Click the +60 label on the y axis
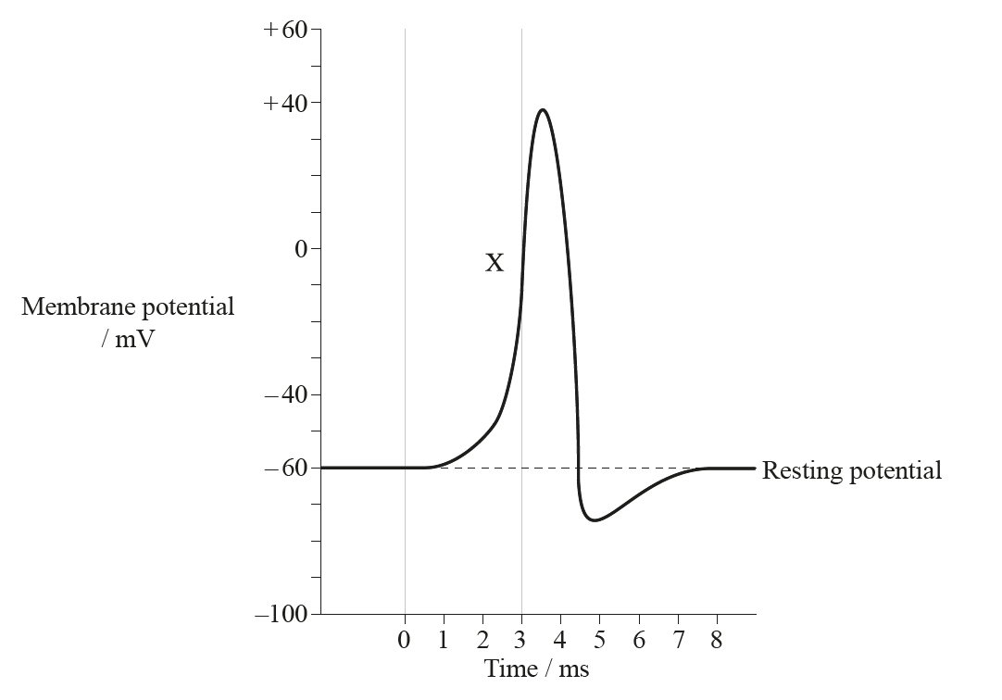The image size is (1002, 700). [284, 30]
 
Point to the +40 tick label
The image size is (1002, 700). [284, 103]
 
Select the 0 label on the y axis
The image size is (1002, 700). [301, 249]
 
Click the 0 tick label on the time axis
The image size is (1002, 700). [404, 641]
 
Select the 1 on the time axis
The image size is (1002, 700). [444, 641]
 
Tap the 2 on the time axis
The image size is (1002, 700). [482, 641]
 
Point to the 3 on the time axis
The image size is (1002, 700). [521, 641]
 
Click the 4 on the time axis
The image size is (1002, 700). [560, 641]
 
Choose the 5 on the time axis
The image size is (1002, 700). [599, 641]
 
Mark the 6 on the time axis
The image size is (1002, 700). [639, 641]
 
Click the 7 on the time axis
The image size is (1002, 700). [678, 641]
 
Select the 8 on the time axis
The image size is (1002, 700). [716, 641]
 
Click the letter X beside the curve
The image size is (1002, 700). [495, 264]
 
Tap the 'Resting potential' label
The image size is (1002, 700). [851, 470]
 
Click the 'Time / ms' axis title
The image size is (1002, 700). [536, 668]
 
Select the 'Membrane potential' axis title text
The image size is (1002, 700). [128, 306]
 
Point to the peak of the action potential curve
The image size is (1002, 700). [542, 110]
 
